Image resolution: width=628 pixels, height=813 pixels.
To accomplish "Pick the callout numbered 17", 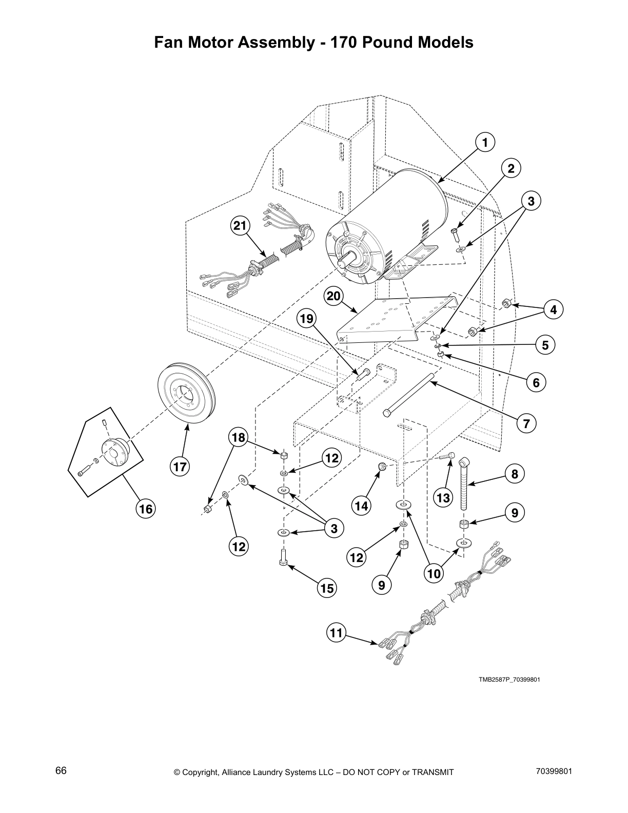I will click(x=180, y=467).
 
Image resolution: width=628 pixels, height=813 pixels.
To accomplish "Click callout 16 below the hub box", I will click(x=146, y=509).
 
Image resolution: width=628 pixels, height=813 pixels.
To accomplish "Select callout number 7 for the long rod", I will click(x=526, y=423).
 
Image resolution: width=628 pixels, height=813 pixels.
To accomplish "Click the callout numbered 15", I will click(x=327, y=588).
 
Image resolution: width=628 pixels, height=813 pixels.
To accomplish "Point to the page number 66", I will click(x=61, y=771).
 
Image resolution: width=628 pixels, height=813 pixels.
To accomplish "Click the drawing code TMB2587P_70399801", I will click(x=509, y=680).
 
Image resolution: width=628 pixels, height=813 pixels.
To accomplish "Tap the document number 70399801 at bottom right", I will click(x=552, y=771).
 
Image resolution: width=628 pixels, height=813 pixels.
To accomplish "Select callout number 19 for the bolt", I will click(x=306, y=319).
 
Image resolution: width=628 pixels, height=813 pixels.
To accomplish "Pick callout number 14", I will click(x=361, y=506).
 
